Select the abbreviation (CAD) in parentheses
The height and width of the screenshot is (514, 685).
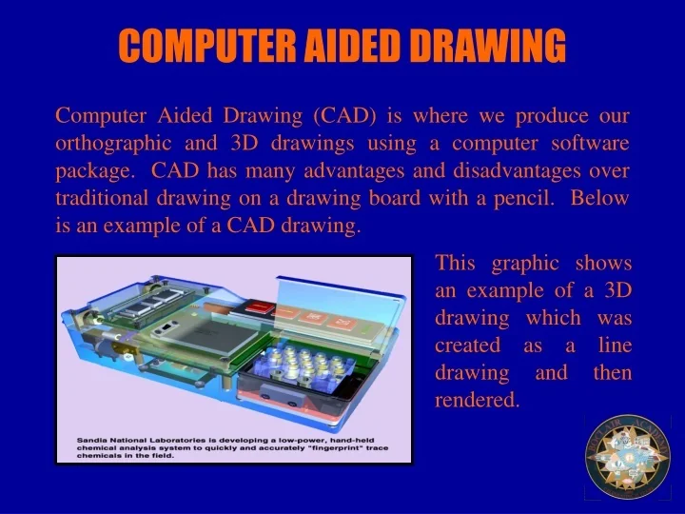345,116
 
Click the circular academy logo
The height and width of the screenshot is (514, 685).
627,456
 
